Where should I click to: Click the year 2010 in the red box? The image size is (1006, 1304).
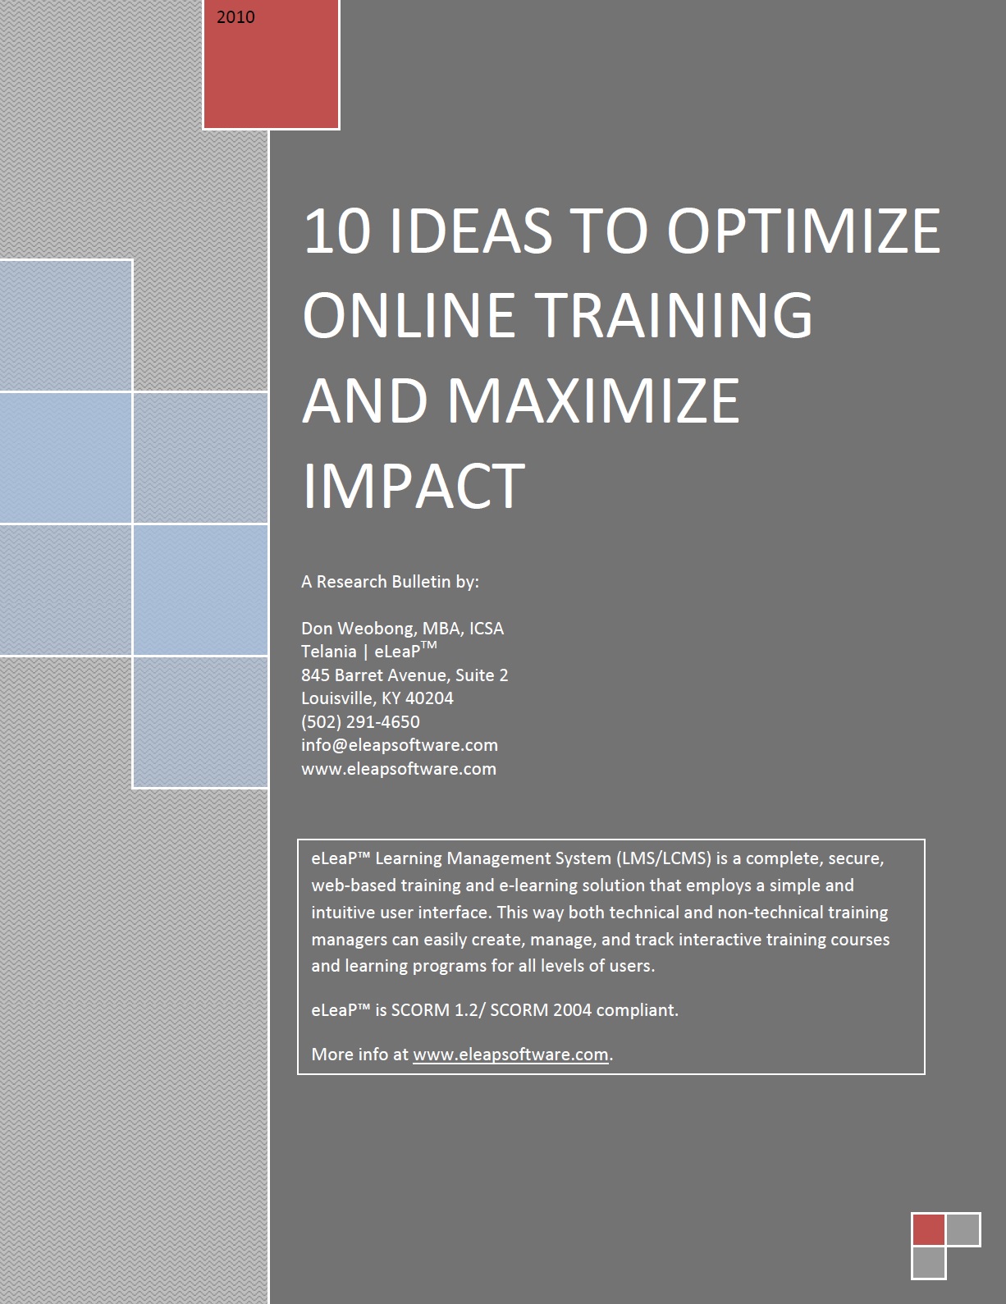(235, 16)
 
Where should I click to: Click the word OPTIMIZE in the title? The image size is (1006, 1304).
(803, 231)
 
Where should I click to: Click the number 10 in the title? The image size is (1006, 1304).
(336, 231)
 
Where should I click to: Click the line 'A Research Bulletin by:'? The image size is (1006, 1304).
(390, 582)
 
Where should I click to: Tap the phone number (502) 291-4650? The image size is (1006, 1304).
(360, 721)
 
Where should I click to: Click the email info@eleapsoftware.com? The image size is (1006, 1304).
(400, 744)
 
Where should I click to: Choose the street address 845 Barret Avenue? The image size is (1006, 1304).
(376, 675)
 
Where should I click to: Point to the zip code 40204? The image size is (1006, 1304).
(429, 698)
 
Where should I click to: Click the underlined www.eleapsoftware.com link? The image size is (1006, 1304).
(510, 1055)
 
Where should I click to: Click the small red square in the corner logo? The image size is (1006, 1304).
(928, 1229)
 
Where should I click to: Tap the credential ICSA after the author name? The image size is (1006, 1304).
(487, 629)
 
